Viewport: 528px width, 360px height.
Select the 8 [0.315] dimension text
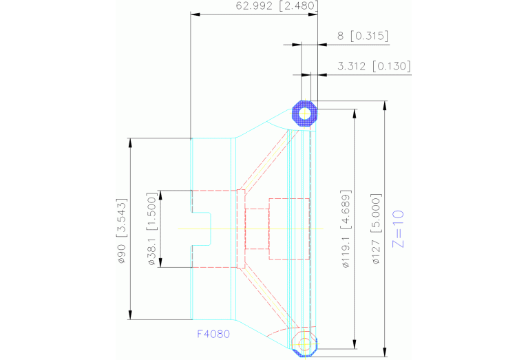363,36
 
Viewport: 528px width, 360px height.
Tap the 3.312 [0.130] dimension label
374,66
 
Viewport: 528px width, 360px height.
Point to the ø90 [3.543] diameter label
122,229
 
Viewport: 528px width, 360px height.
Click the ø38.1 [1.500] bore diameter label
152,229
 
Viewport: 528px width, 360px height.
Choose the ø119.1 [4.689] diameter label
346,229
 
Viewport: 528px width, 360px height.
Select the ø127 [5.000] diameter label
377,229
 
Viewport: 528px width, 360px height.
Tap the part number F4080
213,334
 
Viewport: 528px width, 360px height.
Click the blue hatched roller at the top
304,113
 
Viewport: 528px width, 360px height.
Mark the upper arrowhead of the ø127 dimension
386,105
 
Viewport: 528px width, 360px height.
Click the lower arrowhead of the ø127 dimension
386,352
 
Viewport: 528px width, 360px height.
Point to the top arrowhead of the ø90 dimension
129,142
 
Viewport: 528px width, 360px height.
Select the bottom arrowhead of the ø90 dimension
129,316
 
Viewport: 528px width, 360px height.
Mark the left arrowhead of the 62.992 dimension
195,13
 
